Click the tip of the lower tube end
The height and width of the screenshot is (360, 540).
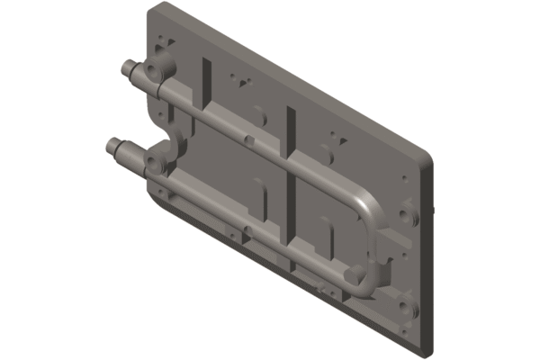coord(112,145)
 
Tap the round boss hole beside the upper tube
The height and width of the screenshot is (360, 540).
coord(161,69)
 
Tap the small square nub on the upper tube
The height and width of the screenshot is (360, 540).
coord(246,139)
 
